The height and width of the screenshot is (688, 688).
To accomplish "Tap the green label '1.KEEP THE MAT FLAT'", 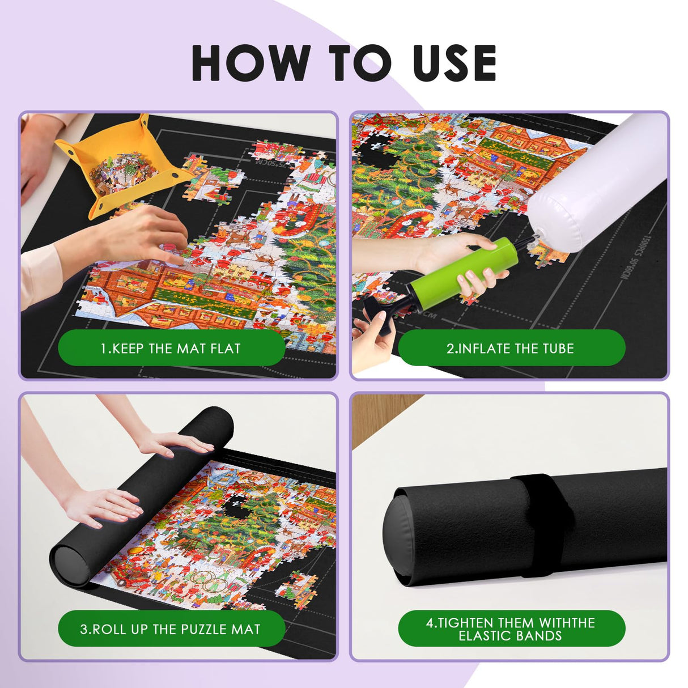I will (171, 348).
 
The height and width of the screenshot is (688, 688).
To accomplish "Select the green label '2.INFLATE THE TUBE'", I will (511, 348).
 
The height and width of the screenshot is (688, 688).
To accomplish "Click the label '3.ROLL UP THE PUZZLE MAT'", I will (171, 628).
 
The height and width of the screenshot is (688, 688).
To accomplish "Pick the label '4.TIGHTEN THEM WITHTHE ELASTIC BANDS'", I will (511, 628).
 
